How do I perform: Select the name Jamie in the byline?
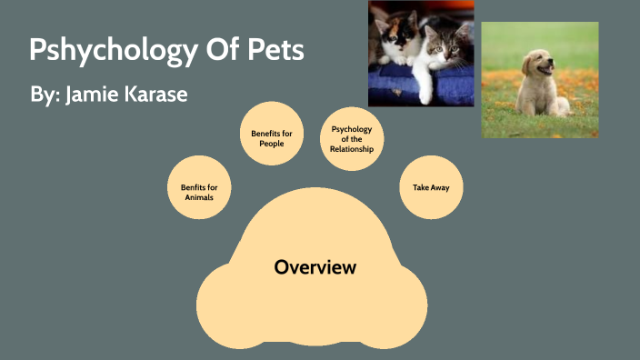click(x=94, y=94)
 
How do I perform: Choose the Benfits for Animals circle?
click(x=199, y=191)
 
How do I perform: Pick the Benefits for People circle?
click(x=272, y=138)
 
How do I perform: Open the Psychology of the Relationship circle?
click(x=352, y=138)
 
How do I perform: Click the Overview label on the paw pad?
click(x=315, y=267)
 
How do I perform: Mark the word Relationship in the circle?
click(x=352, y=148)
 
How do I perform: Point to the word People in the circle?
click(x=272, y=144)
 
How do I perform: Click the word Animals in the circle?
click(x=199, y=196)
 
